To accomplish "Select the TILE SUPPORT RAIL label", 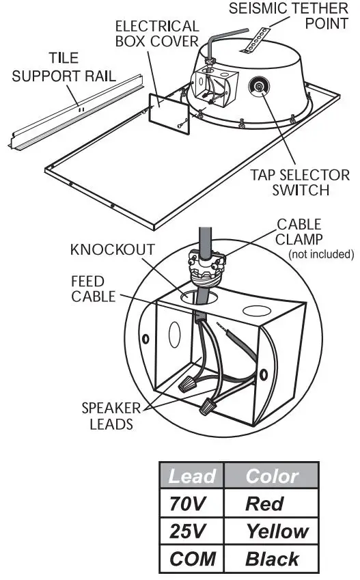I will click(64, 67).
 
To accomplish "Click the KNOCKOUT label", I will click(112, 249).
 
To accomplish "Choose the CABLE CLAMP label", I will click(299, 232).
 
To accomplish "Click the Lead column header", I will click(191, 476).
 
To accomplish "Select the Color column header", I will click(271, 476).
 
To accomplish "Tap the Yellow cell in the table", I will click(276, 531).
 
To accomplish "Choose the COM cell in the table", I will click(191, 559).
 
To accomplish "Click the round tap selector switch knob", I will click(260, 87).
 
